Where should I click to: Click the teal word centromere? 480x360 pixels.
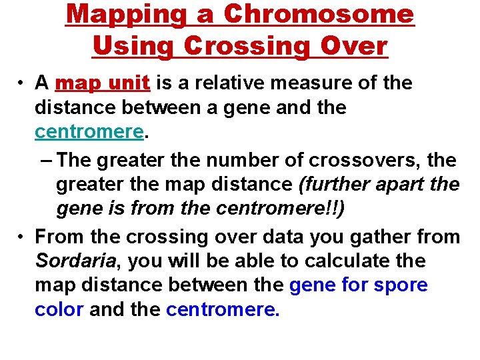[x=89, y=132]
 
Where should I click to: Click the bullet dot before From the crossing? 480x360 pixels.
[x=22, y=236]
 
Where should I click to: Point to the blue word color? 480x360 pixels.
[x=59, y=310]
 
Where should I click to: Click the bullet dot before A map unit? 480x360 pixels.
[x=22, y=83]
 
